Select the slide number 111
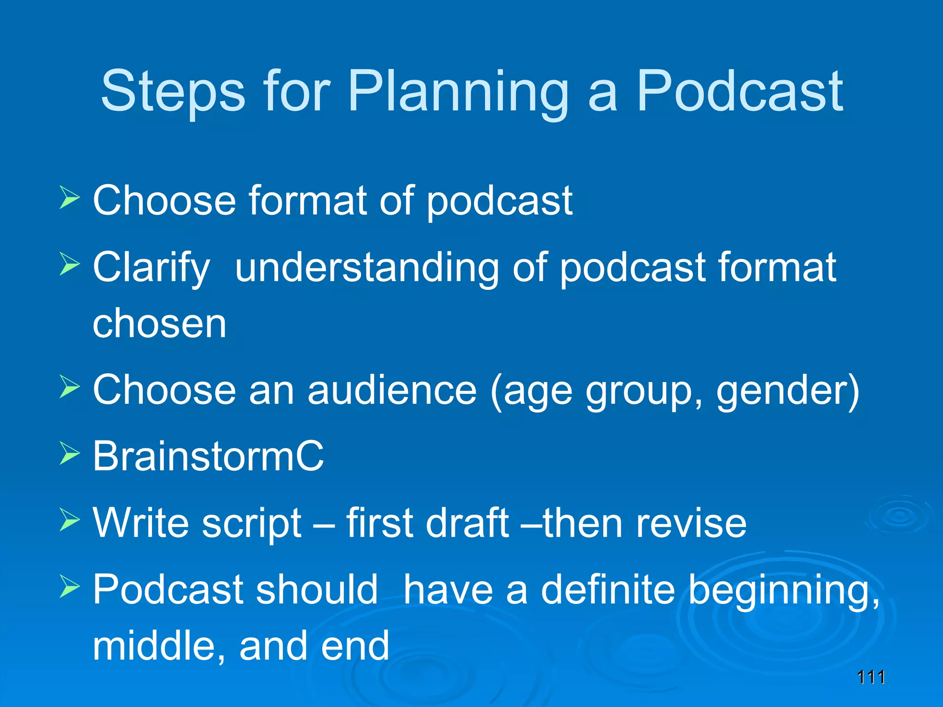click(871, 677)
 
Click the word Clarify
click(151, 267)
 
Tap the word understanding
click(367, 267)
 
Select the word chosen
click(159, 324)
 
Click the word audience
click(392, 390)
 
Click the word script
click(251, 523)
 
